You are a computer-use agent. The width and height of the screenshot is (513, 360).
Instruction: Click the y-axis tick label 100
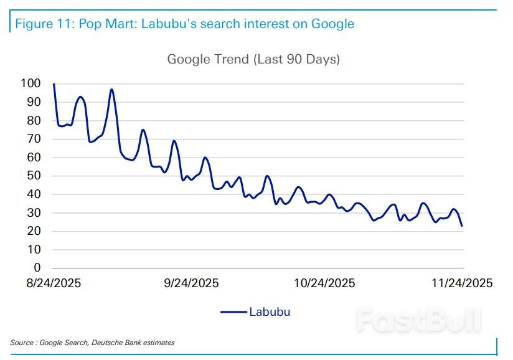pyautogui.click(x=31, y=83)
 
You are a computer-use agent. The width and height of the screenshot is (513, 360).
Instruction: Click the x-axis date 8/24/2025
pyautogui.click(x=54, y=283)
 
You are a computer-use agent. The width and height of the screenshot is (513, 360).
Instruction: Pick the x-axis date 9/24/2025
pyautogui.click(x=191, y=283)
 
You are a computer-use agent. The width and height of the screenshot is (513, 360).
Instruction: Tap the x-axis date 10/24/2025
pyautogui.click(x=325, y=283)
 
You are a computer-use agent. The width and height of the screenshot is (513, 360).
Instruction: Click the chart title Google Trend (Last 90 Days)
pyautogui.click(x=253, y=60)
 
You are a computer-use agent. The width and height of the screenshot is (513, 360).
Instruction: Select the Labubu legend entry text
pyautogui.click(x=270, y=312)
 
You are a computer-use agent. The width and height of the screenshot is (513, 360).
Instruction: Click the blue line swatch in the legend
pyautogui.click(x=233, y=312)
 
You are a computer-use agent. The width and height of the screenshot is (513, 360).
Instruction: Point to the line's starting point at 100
pyautogui.click(x=54, y=84)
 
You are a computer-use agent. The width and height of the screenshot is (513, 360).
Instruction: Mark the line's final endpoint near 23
pyautogui.click(x=462, y=225)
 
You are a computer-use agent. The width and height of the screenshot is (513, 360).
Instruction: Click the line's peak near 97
pyautogui.click(x=111, y=90)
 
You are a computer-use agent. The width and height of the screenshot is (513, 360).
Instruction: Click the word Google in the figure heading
pyautogui.click(x=332, y=24)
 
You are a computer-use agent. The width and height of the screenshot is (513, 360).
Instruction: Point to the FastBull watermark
pyautogui.click(x=418, y=319)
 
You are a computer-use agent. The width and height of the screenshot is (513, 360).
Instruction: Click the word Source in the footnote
pyautogui.click(x=22, y=343)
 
